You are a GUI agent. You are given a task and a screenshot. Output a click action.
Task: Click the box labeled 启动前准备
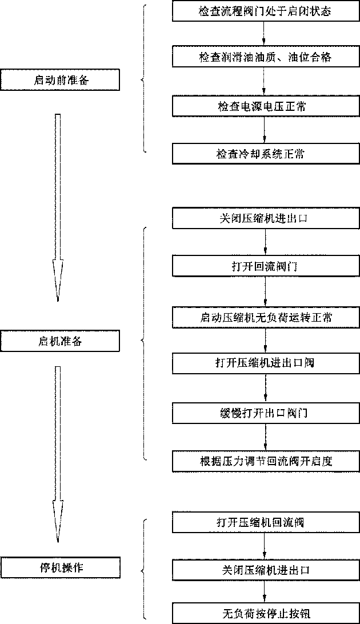point(60,81)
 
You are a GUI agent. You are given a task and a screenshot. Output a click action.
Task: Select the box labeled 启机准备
point(60,341)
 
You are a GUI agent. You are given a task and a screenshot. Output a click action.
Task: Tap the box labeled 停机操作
point(60,567)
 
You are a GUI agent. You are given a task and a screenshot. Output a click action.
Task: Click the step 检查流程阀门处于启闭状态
point(265,11)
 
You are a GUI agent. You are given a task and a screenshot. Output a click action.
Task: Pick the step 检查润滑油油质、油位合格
point(265,57)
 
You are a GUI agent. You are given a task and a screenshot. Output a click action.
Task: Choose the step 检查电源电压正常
point(265,106)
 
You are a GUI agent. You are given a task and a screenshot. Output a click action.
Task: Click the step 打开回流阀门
point(265,266)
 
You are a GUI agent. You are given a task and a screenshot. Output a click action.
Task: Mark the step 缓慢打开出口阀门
point(265,412)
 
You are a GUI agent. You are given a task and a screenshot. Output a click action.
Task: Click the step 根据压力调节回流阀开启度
point(265,461)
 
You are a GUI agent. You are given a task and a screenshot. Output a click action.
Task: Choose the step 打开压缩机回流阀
point(265,522)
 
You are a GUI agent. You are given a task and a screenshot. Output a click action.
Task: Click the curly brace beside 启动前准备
point(144,79)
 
